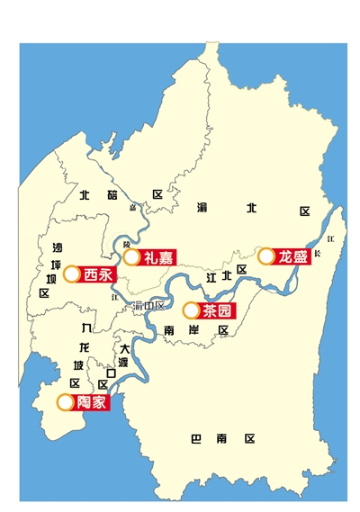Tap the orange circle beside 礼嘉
pos(132,257)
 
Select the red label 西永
pos(97,274)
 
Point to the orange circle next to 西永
pos(71,274)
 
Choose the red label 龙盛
pos(292,256)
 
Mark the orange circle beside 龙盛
pos(266,256)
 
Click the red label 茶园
pos(217,311)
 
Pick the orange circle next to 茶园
pos(191,311)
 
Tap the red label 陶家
pos(91,402)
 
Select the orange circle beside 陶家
pos(65,402)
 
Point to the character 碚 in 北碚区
pos(111,194)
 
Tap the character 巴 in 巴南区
pos(196,439)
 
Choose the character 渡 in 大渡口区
pos(125,361)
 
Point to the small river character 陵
pos(127,244)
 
